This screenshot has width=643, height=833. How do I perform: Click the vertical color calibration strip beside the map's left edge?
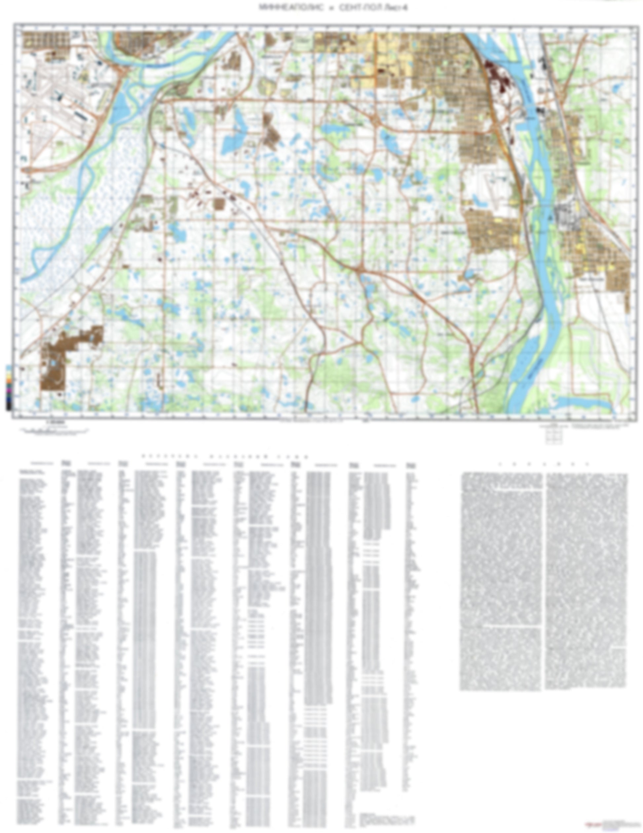(8, 387)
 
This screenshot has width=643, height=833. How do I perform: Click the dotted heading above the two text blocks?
(544, 464)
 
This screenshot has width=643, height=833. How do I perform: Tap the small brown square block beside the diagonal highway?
(219, 204)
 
